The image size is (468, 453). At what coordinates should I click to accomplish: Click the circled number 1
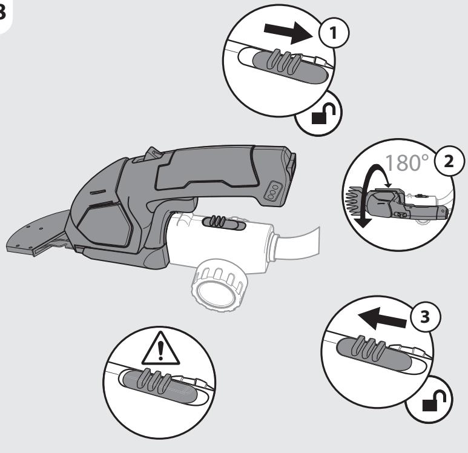point(334,32)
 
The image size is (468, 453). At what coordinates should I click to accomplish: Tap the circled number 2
point(449,162)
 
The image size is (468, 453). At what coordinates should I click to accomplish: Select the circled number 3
point(425,316)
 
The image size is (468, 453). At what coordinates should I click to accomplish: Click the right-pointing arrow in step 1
point(288,31)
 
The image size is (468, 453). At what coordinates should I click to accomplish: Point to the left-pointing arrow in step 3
point(383,319)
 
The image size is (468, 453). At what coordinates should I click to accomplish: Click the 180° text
point(407,163)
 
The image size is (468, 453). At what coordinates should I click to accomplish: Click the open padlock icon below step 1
point(323,113)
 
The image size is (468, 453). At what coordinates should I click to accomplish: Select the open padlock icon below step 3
point(434,400)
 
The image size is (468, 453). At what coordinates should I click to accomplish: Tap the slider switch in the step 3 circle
point(374,352)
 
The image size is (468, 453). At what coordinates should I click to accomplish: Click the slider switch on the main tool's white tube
point(224,223)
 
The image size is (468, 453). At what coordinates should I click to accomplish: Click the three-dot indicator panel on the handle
point(274,191)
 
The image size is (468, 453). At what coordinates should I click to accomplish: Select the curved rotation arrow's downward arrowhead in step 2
point(362,222)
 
